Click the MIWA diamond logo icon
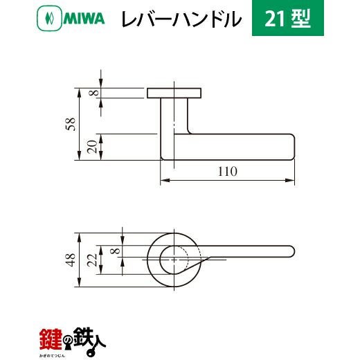point(49,19)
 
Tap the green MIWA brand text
point(84,19)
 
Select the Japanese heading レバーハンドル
point(181,19)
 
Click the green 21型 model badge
point(288,18)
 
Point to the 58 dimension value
point(71,124)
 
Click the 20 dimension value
point(93,147)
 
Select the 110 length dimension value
point(228,172)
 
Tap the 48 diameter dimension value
point(71,260)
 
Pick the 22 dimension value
point(93,260)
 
